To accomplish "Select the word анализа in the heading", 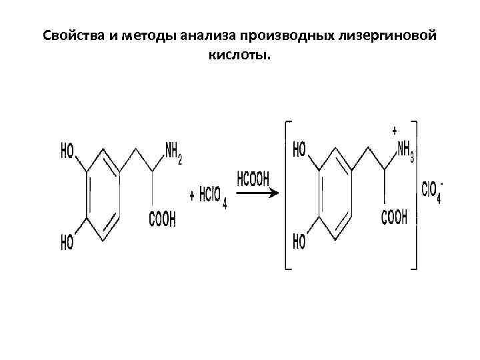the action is tap(205, 36).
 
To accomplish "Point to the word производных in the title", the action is tap(281, 36).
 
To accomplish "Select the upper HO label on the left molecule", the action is tap(67, 153).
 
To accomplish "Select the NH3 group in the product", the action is tap(404, 152).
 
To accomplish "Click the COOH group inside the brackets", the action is tap(393, 217).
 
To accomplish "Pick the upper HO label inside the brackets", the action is tap(299, 149).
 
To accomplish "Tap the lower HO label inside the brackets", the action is tap(299, 241).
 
